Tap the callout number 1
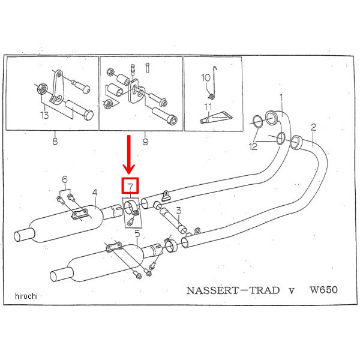click(x=280, y=97)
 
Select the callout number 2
click(x=313, y=127)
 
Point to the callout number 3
click(x=178, y=210)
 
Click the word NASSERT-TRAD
click(x=233, y=290)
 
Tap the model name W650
click(x=324, y=290)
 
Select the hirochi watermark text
click(x=27, y=296)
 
